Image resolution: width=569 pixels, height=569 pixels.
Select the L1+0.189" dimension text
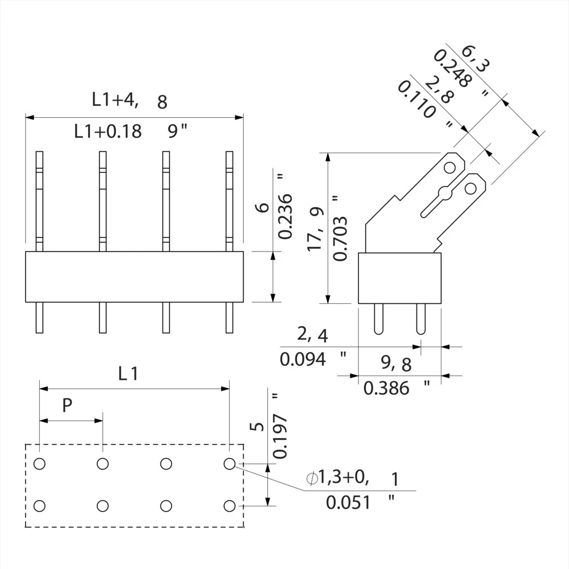(x=131, y=131)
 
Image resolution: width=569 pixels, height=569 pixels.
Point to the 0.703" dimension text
(x=339, y=228)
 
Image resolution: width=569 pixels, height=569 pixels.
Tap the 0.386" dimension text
(x=396, y=388)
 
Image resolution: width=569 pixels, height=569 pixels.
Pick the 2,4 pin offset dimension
(x=312, y=335)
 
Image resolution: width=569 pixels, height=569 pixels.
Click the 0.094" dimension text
(x=313, y=359)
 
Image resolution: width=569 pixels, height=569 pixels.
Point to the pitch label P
(x=67, y=406)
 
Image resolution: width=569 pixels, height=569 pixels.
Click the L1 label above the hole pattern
(x=128, y=374)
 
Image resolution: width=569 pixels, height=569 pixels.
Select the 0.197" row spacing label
(x=279, y=426)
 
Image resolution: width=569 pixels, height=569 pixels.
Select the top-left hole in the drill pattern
(x=39, y=464)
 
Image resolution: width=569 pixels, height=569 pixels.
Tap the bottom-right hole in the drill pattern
(x=229, y=505)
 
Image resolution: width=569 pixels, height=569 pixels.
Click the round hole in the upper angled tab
(x=450, y=168)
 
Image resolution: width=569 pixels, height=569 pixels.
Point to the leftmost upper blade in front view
(x=39, y=199)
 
